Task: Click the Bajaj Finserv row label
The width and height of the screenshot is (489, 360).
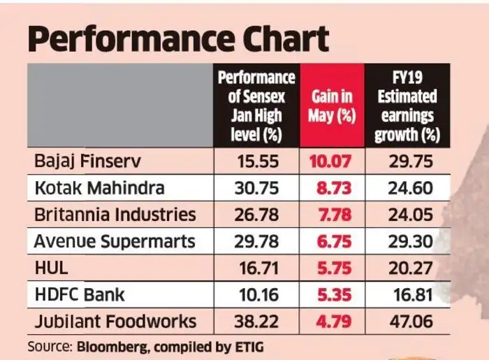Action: (88, 161)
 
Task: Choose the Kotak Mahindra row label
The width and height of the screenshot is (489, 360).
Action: (99, 188)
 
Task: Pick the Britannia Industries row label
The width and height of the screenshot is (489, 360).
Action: (115, 215)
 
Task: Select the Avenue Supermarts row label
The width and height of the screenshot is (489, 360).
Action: (115, 241)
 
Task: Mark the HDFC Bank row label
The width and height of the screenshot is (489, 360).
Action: (80, 294)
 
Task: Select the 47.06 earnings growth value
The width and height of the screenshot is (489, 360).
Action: (413, 322)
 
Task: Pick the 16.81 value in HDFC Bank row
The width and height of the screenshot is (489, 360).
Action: (413, 295)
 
